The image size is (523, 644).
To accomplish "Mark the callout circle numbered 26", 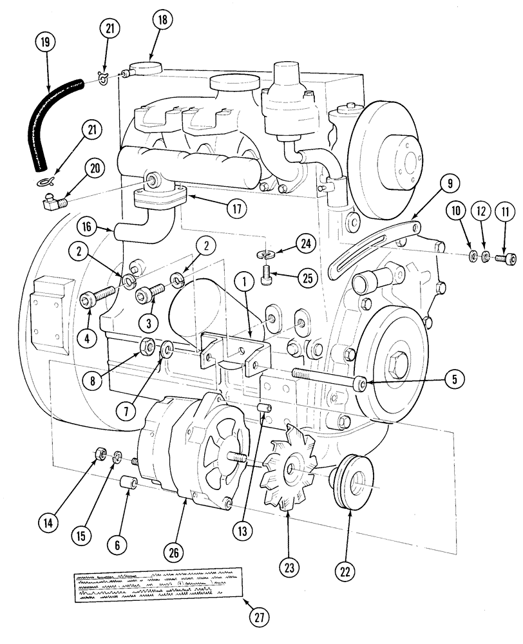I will [175, 552].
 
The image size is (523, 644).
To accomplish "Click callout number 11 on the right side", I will [504, 212].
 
